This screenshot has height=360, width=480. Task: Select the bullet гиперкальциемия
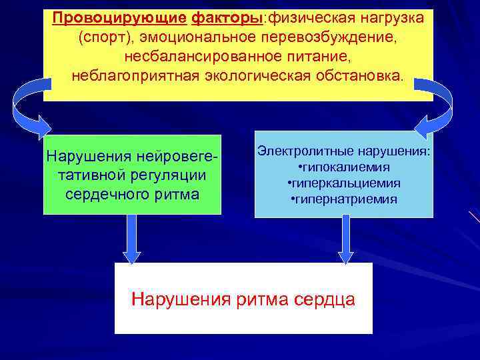click(x=346, y=183)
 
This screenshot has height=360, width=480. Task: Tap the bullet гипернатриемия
click(x=346, y=199)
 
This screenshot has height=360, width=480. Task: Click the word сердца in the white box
click(x=324, y=299)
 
